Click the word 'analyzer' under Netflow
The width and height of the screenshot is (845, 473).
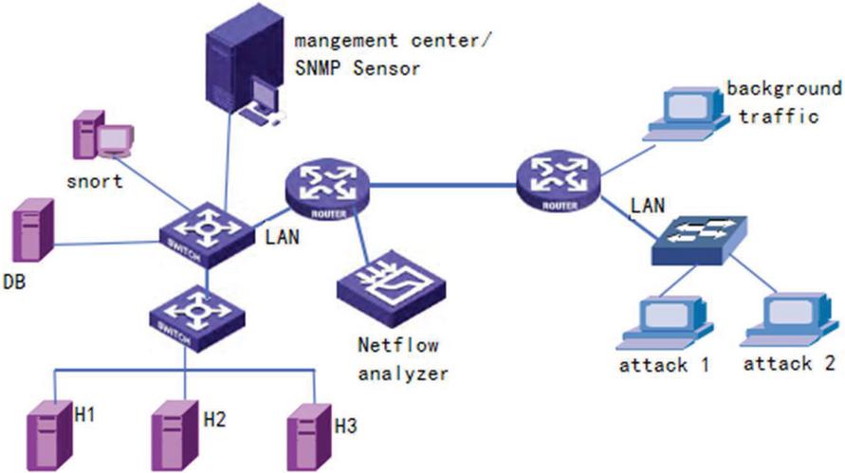(402, 373)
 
